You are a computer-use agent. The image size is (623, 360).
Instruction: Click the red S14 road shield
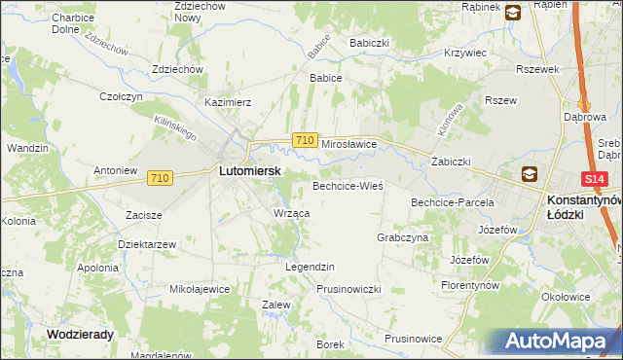pyautogui.click(x=596, y=179)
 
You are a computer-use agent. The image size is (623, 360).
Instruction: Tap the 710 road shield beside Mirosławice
pyautogui.click(x=305, y=141)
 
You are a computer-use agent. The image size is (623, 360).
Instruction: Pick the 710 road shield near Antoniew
pyautogui.click(x=161, y=178)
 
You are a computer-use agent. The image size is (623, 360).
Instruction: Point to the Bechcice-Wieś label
pyautogui.click(x=348, y=185)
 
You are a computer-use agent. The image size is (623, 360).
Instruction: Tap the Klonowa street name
pyautogui.click(x=450, y=118)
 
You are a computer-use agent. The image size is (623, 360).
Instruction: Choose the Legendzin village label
pyautogui.click(x=310, y=267)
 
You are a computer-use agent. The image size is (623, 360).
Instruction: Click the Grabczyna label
pyautogui.click(x=402, y=237)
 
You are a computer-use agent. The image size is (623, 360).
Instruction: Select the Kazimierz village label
pyautogui.click(x=228, y=101)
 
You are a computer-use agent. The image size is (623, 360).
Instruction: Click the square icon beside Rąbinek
pyautogui.click(x=512, y=11)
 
